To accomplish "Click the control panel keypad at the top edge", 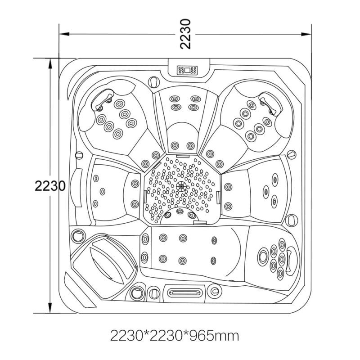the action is pyautogui.click(x=187, y=70).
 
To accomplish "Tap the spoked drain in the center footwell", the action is pyautogui.click(x=181, y=186).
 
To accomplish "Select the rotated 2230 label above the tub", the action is pyautogui.click(x=185, y=34).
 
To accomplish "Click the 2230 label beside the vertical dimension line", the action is pyautogui.click(x=50, y=186).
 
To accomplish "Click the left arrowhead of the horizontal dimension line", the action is pyautogui.click(x=64, y=34).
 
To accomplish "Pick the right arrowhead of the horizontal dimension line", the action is pyautogui.click(x=306, y=34).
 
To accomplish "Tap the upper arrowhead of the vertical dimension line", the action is pyautogui.click(x=49, y=63).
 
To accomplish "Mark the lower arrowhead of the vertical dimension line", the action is pyautogui.click(x=49, y=308).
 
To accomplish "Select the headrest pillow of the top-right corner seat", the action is pyautogui.click(x=271, y=102).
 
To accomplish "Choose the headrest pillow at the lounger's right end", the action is pyautogui.click(x=290, y=261).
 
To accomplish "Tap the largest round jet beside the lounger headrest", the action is pyautogui.click(x=263, y=256).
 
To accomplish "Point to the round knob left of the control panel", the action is pyautogui.click(x=154, y=81).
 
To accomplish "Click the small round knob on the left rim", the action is pyautogui.click(x=79, y=155).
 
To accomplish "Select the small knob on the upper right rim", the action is pyautogui.click(x=292, y=154).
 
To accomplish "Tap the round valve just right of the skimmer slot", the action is pyautogui.click(x=215, y=291).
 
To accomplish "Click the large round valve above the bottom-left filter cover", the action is pyautogui.click(x=78, y=235).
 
